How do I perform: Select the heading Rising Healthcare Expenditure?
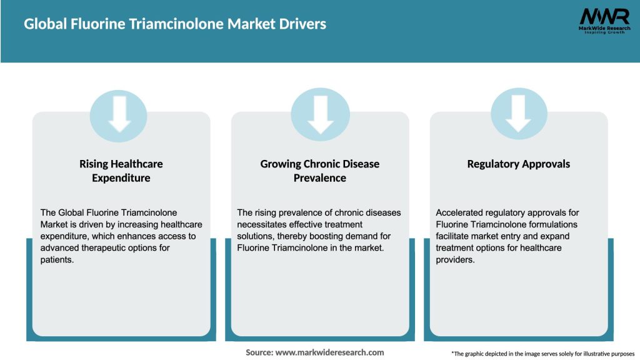121,171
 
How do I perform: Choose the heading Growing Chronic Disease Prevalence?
320,171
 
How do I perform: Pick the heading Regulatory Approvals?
519,164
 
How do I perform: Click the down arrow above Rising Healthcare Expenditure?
119,114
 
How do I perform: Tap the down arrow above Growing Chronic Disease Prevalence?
321,114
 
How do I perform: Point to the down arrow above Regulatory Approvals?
519,114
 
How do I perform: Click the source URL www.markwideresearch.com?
330,352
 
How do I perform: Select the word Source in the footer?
259,352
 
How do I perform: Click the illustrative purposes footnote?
542,354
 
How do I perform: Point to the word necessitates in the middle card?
265,224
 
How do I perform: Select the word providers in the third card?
455,260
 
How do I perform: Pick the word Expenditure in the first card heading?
121,178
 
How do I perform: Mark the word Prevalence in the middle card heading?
320,178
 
